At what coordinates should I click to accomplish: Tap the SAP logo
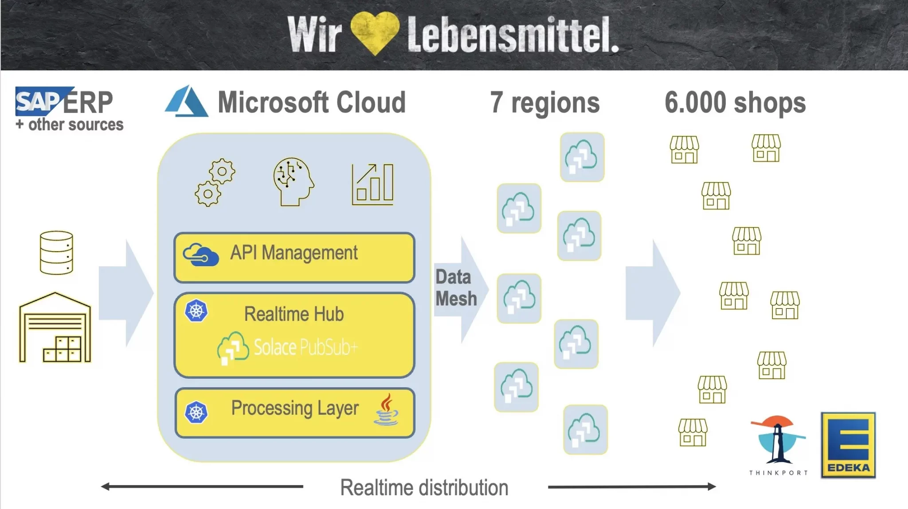(43, 101)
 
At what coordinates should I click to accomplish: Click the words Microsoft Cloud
(312, 102)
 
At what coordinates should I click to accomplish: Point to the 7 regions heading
(545, 103)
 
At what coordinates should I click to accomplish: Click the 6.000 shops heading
(735, 103)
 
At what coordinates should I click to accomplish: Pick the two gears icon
(215, 182)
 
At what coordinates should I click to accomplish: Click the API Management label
(294, 253)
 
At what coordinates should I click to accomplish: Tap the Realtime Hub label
(294, 314)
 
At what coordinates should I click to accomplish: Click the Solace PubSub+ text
(305, 347)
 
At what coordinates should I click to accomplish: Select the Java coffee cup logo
(386, 409)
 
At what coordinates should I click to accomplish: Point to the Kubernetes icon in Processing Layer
(196, 412)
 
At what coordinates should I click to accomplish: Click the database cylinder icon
(56, 253)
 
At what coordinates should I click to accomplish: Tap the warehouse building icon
(55, 327)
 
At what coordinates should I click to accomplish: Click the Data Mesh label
(456, 288)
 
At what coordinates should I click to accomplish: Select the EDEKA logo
(848, 445)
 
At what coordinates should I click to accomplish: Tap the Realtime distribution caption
(424, 488)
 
